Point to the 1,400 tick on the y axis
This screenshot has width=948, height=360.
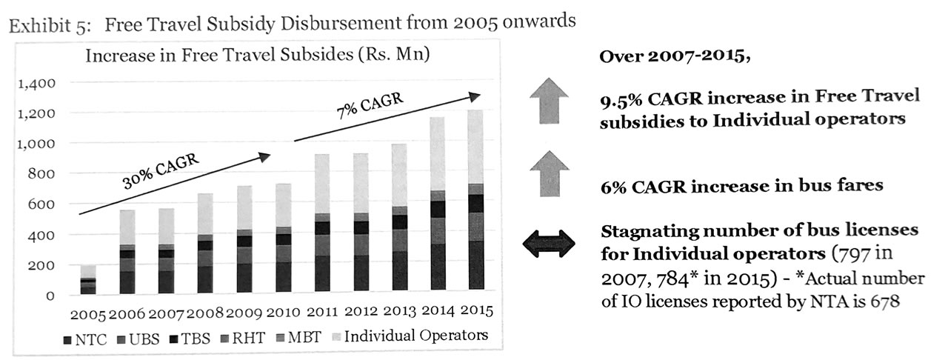tap(35, 83)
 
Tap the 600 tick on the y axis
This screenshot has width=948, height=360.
tap(42, 204)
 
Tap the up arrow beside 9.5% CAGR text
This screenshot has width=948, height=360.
tap(549, 107)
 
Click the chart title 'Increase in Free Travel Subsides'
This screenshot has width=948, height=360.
tap(258, 56)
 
